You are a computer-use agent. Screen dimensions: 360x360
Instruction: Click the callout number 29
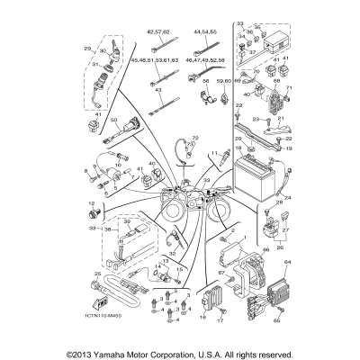[87, 48]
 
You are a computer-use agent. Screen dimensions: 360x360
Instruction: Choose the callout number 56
[206, 81]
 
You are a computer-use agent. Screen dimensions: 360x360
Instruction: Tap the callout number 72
[194, 139]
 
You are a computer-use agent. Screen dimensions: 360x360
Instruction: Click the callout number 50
[114, 120]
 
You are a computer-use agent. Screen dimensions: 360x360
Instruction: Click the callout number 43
[158, 90]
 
